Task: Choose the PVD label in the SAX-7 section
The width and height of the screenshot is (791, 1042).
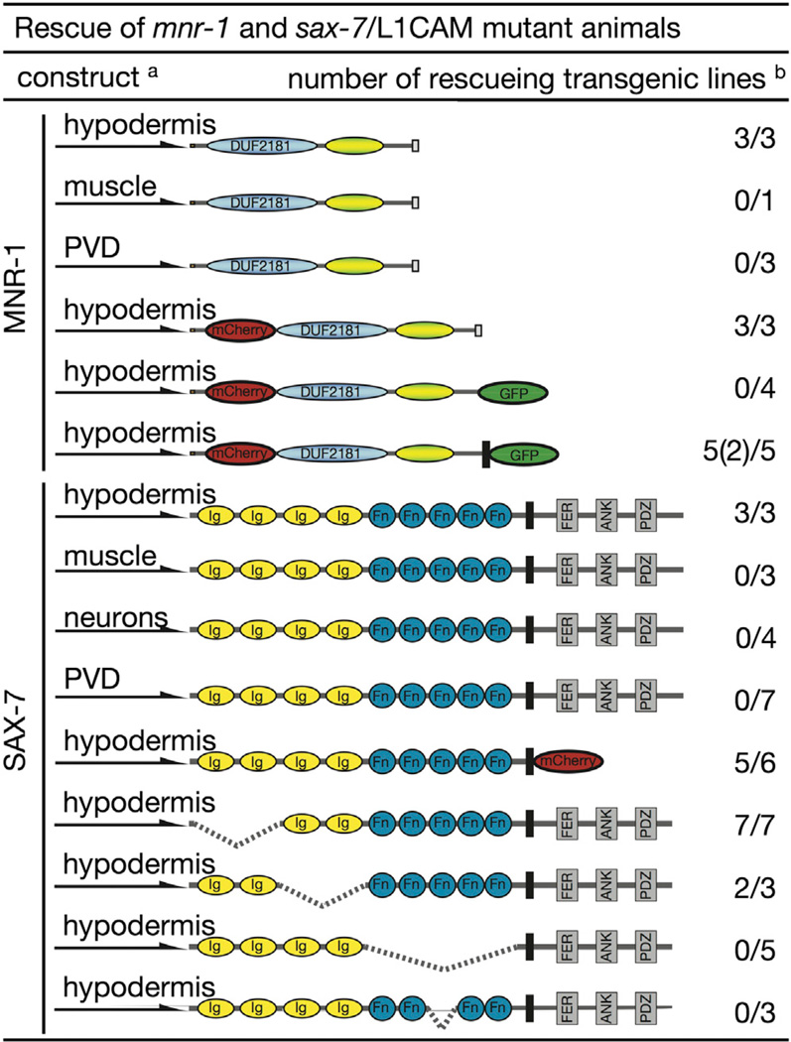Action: (x=85, y=677)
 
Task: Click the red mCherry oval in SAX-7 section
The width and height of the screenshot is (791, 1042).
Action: (x=567, y=762)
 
